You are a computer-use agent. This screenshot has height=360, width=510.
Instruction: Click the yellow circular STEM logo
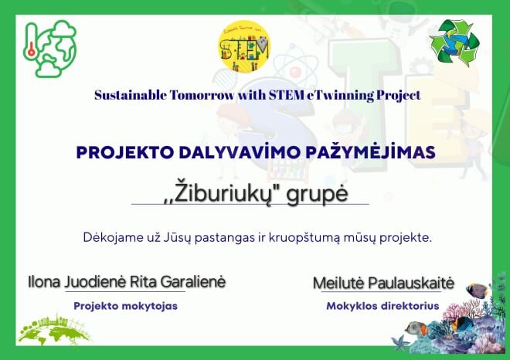tap(245, 46)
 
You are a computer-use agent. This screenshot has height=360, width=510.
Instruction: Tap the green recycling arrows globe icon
tap(454, 42)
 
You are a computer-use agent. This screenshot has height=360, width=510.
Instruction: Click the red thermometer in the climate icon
tap(31, 44)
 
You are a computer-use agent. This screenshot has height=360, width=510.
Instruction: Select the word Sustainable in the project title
tap(131, 95)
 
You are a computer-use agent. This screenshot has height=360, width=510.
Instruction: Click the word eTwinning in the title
tap(340, 95)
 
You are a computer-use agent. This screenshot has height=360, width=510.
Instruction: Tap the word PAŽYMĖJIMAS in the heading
tap(370, 152)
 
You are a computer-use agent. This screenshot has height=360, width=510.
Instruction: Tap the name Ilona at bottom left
tap(44, 282)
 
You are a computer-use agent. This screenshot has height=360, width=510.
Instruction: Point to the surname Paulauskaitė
tap(411, 283)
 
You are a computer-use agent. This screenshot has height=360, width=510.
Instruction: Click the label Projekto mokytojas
tap(125, 306)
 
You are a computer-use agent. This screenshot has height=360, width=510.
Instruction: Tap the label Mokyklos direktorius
tap(382, 306)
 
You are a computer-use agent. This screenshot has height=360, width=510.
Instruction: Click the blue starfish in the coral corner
tap(399, 343)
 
